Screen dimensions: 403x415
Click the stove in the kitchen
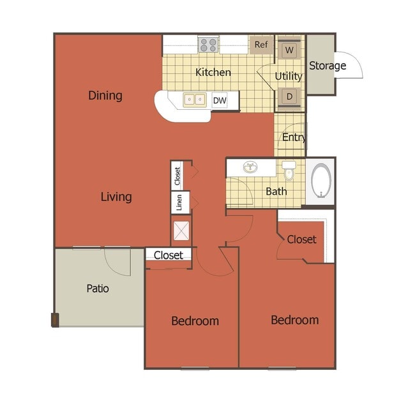208,44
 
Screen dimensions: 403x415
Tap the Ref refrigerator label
261,45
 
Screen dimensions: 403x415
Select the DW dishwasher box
220,100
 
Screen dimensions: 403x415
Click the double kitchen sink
195,99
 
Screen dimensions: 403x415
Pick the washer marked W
289,50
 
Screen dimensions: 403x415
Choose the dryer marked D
289,96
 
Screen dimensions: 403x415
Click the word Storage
328,65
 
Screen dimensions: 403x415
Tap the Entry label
294,137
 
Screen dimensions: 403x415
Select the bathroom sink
250,168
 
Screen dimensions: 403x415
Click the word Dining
105,96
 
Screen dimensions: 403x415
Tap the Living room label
116,197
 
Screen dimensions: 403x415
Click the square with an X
181,231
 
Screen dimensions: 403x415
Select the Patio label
98,289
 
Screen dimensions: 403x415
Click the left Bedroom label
195,321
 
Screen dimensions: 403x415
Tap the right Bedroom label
294,319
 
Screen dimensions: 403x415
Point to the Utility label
289,76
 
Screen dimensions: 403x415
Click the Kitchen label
213,72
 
